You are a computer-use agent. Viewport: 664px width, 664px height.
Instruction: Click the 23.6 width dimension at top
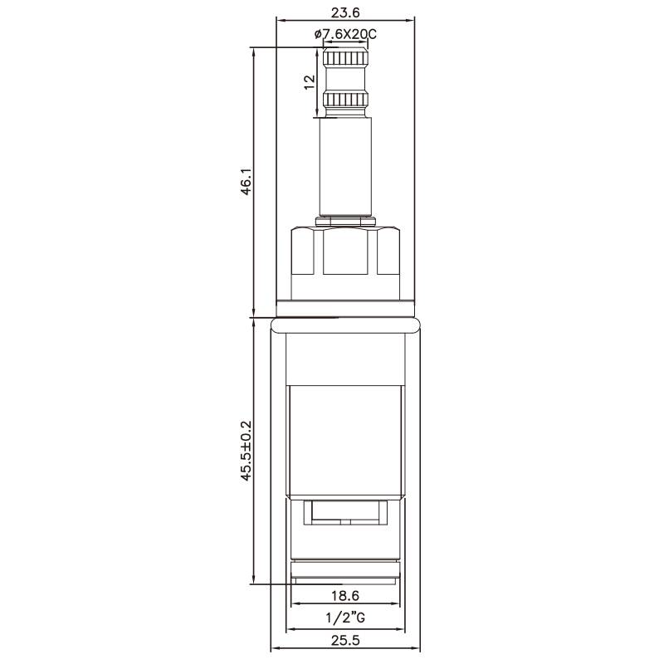(x=346, y=12)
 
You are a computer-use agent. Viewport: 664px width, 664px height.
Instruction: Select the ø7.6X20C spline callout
(x=345, y=34)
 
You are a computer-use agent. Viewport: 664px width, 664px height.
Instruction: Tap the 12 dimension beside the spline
(x=309, y=82)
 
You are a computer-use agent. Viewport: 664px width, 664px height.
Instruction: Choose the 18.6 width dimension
(x=345, y=596)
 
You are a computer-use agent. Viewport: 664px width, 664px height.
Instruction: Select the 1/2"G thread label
(x=345, y=618)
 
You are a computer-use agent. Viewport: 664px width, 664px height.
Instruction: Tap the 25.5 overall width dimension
(x=345, y=640)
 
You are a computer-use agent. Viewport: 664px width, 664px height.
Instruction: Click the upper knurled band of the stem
(x=345, y=60)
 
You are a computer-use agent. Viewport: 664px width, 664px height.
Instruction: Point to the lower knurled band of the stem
(x=345, y=102)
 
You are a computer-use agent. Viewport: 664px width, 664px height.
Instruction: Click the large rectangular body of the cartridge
(x=345, y=440)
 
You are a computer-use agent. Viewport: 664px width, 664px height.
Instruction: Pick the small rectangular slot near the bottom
(x=345, y=513)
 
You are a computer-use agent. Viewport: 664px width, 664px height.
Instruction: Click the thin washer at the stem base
(x=345, y=220)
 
